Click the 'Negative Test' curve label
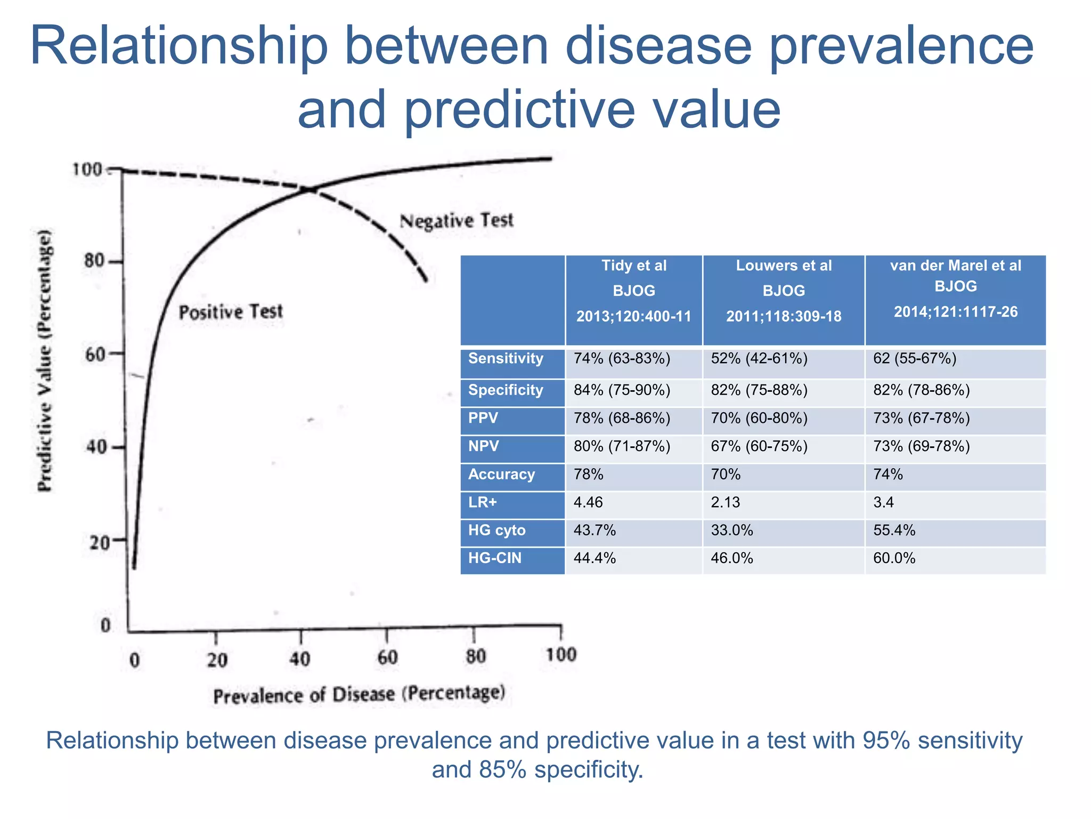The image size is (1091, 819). pos(457,221)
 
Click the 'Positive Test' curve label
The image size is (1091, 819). pos(230,312)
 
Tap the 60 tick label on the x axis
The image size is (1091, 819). pos(387,657)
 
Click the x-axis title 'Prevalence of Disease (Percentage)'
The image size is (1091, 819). pos(359,695)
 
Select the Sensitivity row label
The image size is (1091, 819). pos(506,358)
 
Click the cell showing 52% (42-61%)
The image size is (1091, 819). pos(759,358)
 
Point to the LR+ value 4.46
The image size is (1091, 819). pos(588,502)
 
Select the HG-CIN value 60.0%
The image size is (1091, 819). pos(894,558)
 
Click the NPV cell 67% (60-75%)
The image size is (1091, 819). pos(759,446)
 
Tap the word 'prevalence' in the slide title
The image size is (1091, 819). pos(901,46)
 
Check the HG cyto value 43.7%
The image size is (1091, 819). pos(595,531)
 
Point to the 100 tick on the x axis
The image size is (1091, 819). pos(561,654)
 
